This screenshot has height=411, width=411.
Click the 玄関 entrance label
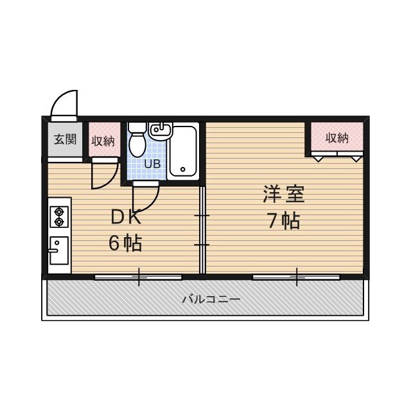[65, 139]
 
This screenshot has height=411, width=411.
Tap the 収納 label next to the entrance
[103, 141]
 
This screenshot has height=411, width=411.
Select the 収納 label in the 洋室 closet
[337, 137]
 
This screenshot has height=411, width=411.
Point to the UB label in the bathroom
[152, 163]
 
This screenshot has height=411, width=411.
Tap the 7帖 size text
[283, 221]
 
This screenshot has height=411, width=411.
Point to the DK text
[125, 218]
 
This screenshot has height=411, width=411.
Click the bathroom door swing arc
[145, 195]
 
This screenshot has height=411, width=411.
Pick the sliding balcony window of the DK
[138, 277]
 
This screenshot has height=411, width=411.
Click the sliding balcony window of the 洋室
[296, 277]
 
